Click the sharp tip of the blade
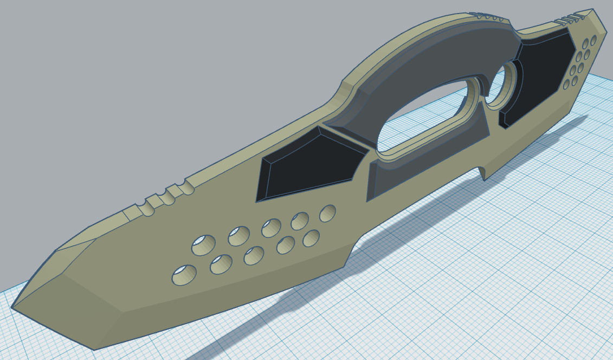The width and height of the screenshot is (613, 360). pos(13,307)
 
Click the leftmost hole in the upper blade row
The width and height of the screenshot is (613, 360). pos(203,245)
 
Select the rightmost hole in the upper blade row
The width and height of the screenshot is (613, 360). pos(327,213)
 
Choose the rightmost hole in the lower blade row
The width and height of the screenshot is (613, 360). pos(311,237)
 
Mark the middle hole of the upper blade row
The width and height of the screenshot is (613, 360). pos(271,228)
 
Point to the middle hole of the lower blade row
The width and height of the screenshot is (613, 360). pos(254,255)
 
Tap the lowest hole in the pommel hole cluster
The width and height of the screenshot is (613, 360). pos(566,85)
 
